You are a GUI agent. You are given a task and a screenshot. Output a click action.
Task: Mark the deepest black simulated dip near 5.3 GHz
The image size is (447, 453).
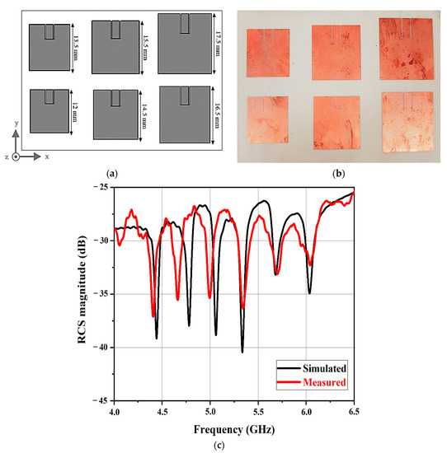(x=242, y=351)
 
